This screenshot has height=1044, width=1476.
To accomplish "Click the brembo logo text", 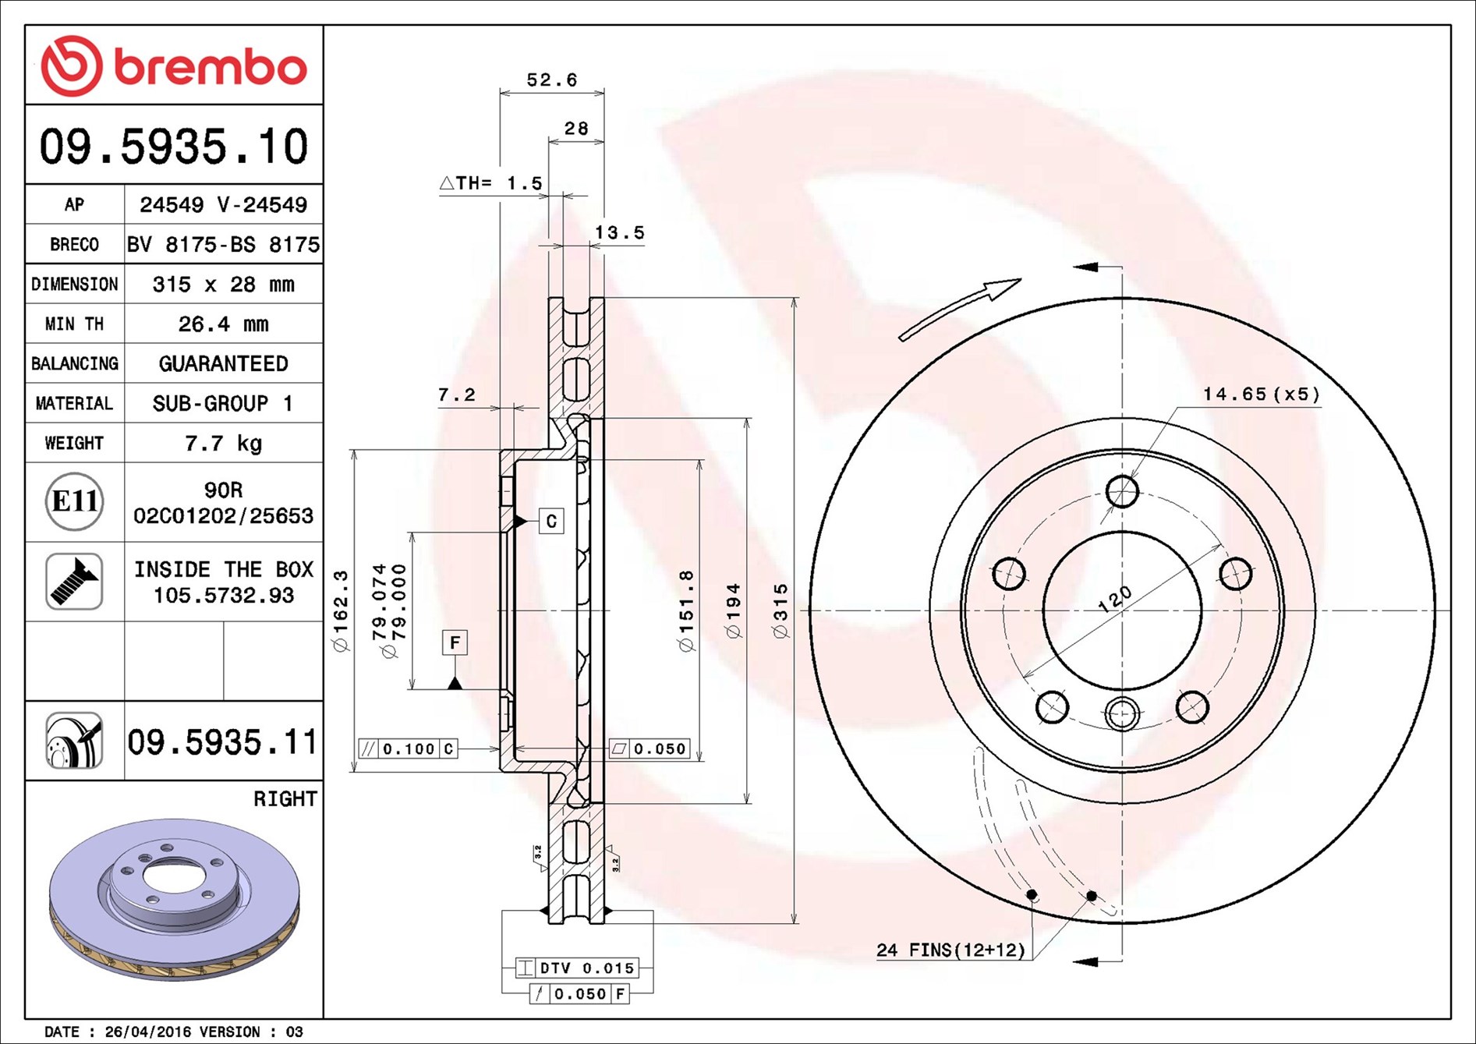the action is click(211, 68).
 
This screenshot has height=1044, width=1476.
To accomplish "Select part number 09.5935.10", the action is click(174, 147).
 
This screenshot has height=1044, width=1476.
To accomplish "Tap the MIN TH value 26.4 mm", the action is click(223, 324).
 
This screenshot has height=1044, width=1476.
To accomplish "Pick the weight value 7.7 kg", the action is click(223, 443).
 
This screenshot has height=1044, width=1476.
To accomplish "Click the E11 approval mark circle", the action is click(75, 501).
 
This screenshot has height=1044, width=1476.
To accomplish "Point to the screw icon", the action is click(74, 582).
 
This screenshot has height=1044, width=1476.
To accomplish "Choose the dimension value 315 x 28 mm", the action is click(224, 284).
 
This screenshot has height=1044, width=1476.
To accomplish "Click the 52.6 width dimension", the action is click(552, 80).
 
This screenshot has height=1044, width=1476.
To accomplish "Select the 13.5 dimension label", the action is click(620, 232).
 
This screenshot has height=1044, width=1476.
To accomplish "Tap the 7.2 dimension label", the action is click(457, 395).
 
